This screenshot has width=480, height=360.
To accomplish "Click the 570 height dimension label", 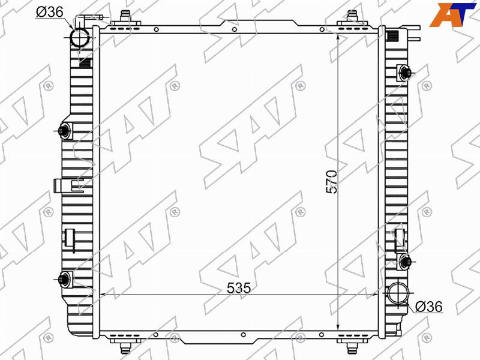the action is click(332, 182).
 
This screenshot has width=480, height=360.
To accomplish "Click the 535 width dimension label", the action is click(238, 287).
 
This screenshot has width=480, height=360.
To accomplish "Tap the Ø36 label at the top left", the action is click(50, 11).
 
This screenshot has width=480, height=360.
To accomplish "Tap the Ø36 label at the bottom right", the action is click(429, 307).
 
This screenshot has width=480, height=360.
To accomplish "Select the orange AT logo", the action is click(452, 14).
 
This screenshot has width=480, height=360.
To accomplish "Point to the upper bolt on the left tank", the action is click(64, 131).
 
